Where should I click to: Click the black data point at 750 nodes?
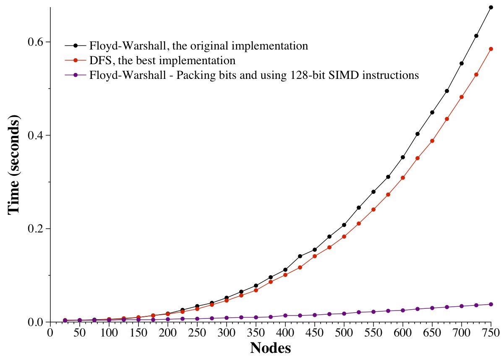(x=491, y=7)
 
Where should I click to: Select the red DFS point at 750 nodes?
(x=491, y=49)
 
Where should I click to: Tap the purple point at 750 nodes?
(x=491, y=304)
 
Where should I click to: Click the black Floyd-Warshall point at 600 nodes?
(x=403, y=157)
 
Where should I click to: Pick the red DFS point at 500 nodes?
(x=344, y=237)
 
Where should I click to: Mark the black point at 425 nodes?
(x=300, y=256)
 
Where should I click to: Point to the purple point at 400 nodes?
(x=285, y=316)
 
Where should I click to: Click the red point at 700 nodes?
(x=462, y=97)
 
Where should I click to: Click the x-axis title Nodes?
(x=270, y=348)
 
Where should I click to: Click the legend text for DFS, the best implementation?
(x=162, y=60)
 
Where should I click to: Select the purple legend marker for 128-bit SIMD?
(x=76, y=76)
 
